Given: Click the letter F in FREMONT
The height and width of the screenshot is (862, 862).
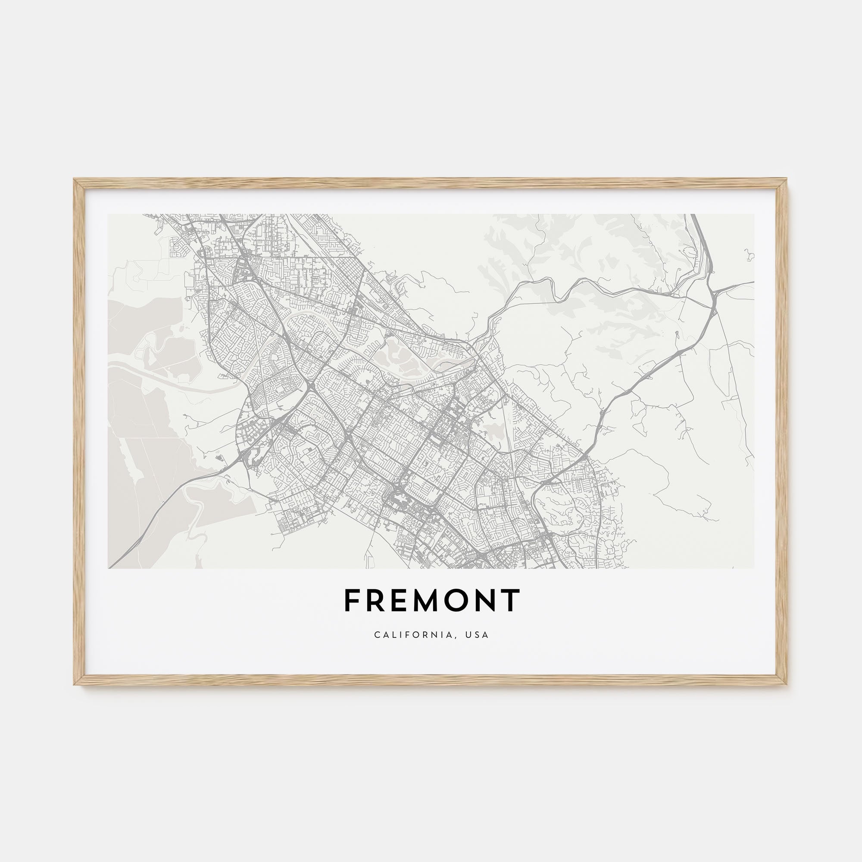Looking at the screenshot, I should (x=353, y=600).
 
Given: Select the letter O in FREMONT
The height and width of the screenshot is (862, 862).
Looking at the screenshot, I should (x=453, y=600).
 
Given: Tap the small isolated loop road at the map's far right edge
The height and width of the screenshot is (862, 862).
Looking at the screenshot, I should (x=749, y=255).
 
